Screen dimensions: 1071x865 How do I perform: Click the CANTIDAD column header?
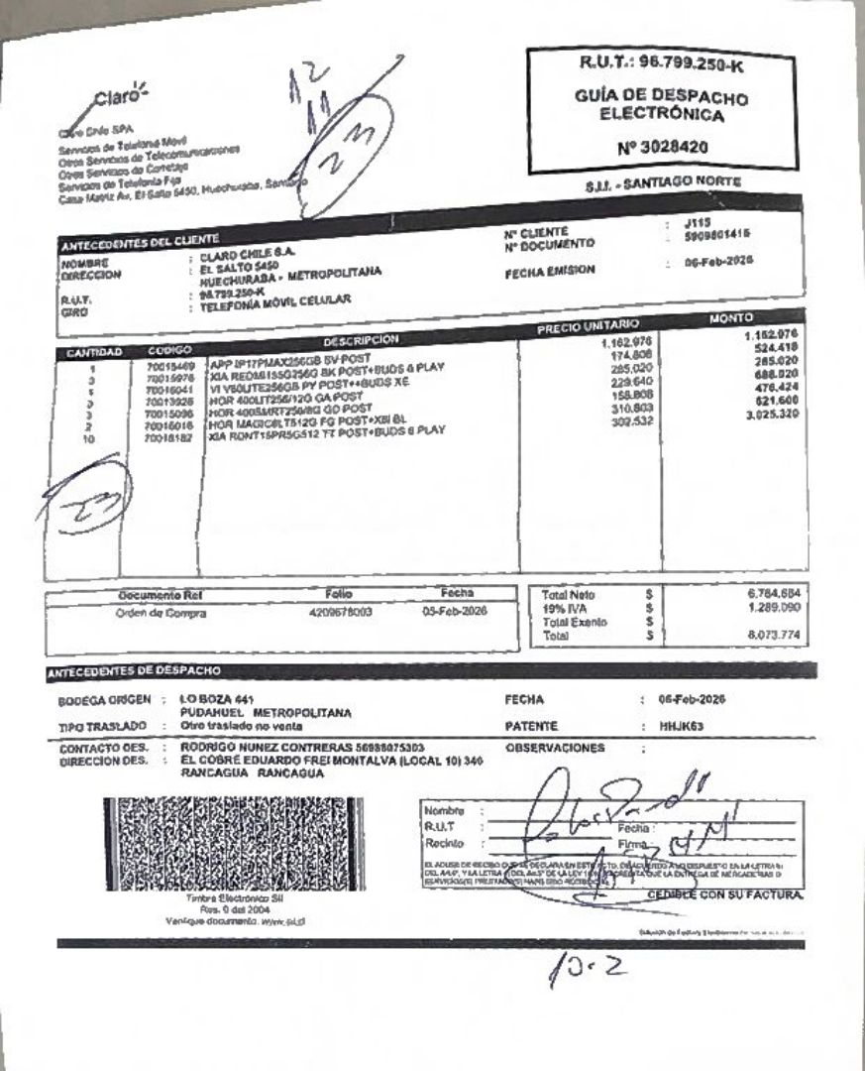click(93, 352)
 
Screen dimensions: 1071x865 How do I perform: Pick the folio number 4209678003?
click(341, 612)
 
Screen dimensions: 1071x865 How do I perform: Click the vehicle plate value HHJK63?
click(682, 726)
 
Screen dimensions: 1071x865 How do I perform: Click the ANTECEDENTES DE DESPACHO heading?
click(135, 671)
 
